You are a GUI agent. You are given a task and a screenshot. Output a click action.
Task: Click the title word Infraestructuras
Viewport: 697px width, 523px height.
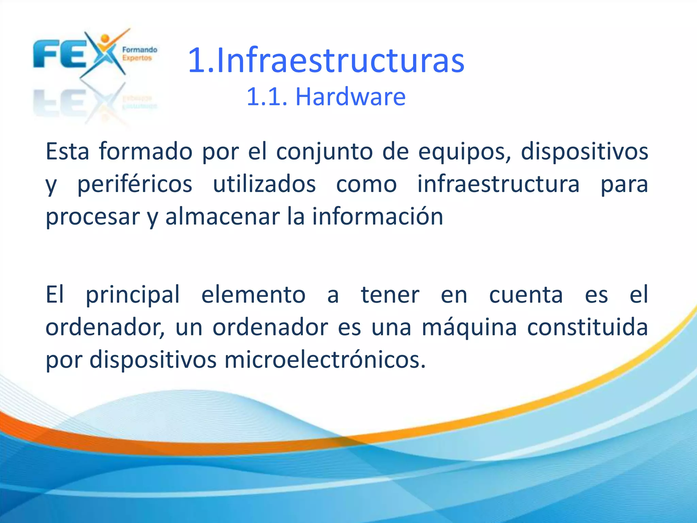(x=340, y=61)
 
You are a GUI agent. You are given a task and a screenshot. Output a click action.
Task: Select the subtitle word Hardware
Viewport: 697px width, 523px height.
(x=351, y=97)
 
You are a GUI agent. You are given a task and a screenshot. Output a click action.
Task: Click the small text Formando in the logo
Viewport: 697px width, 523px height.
(x=140, y=50)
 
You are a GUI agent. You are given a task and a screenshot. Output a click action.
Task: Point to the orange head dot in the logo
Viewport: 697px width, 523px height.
(x=105, y=38)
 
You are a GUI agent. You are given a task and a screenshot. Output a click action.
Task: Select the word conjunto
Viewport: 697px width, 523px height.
(x=324, y=152)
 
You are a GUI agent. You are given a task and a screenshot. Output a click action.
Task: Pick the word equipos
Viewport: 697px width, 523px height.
(x=464, y=152)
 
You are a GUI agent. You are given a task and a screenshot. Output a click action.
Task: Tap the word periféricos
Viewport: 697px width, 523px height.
(x=135, y=184)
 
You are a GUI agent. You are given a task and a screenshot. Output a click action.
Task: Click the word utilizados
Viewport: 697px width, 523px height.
(x=264, y=184)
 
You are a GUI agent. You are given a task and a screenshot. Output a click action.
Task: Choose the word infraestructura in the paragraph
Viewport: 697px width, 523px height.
(x=499, y=184)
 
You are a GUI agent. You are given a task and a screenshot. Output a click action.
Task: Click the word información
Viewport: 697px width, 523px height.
(x=378, y=217)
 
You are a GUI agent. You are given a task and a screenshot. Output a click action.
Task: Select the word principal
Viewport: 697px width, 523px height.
(x=133, y=295)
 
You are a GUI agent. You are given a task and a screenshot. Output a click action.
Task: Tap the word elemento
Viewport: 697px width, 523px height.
(x=254, y=295)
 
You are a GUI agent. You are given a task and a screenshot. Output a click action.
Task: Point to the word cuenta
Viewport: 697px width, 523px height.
(x=526, y=295)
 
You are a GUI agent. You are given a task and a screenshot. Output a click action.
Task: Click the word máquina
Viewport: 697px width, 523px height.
(x=469, y=327)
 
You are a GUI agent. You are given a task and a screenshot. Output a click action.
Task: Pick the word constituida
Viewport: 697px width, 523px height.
(x=587, y=327)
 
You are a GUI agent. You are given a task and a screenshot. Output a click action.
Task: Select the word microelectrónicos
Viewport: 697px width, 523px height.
(x=324, y=360)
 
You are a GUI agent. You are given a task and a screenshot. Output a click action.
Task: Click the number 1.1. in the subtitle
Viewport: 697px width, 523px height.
(x=267, y=97)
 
